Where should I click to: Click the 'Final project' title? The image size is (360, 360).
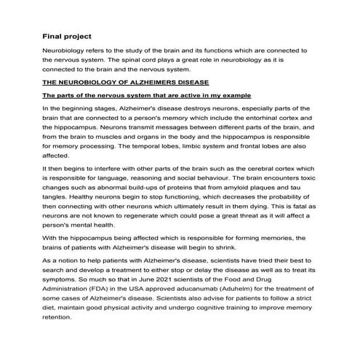66,35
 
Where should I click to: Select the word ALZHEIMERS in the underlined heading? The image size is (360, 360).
142,83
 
